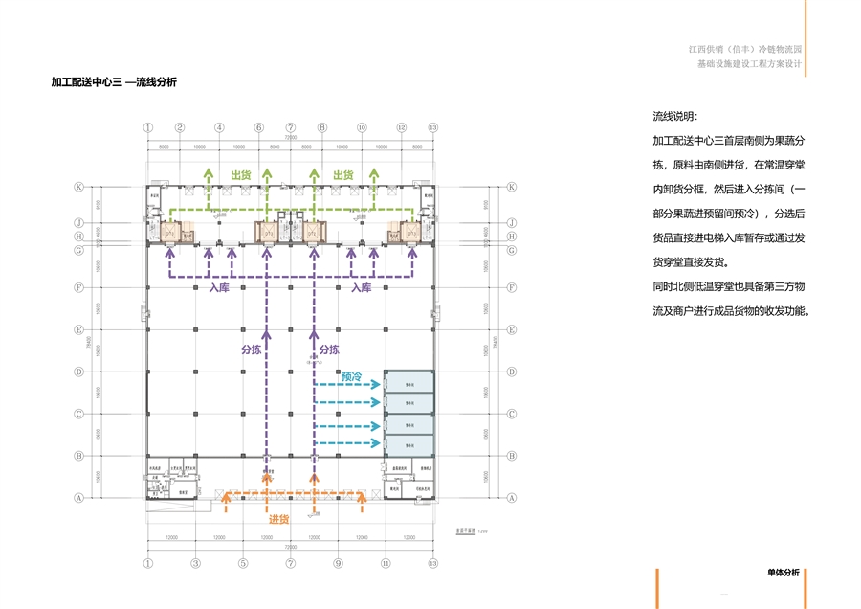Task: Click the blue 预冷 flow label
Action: coord(351,377)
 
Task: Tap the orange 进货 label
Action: coord(278,519)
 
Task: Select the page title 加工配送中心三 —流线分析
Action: coord(114,82)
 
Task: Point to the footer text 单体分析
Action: coord(783,573)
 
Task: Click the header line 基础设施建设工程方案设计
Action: coord(749,64)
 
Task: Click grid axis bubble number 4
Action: coord(219,127)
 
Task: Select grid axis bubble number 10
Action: coord(362,127)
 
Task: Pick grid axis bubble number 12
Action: coord(402,127)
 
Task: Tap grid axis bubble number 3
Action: coord(195,564)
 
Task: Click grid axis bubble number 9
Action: coord(338,564)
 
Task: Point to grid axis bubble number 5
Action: coord(243,564)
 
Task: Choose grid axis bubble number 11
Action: coord(386,564)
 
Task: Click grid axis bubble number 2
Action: coord(179,127)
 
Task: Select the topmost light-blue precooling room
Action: coord(408,381)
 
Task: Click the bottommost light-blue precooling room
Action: coord(408,446)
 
